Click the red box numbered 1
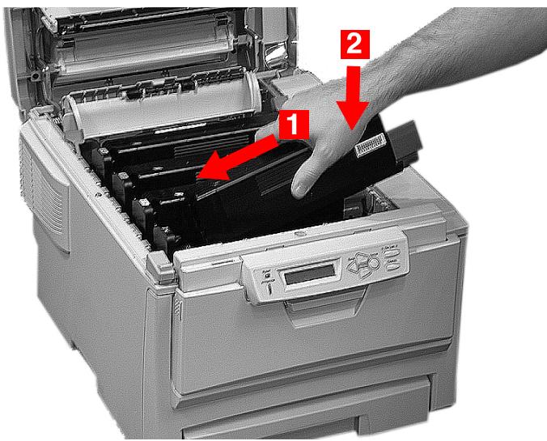pyautogui.click(x=292, y=124)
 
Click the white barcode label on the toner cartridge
pyautogui.click(x=374, y=145)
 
